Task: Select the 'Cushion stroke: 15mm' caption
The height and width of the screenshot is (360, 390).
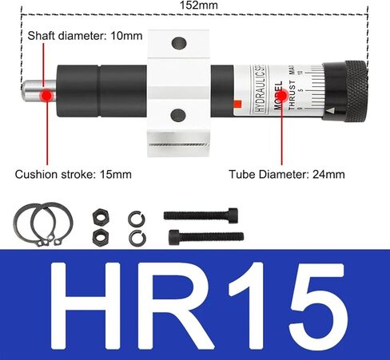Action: [72, 174]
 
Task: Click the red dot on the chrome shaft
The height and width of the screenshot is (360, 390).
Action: [47, 94]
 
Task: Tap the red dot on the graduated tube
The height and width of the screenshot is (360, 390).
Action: [281, 93]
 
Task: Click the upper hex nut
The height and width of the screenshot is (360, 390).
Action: [101, 216]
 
